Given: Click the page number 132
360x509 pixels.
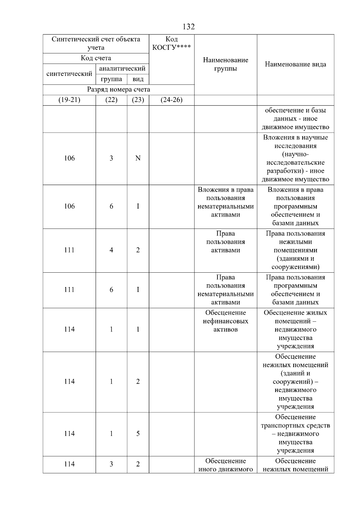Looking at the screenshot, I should pos(188,27).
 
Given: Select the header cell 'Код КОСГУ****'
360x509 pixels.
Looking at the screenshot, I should pos(171,43).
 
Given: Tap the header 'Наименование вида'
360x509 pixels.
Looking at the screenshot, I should pos(295,64).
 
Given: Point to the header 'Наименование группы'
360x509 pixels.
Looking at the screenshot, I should pos(226,64).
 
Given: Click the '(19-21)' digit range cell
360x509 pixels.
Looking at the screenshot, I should pos(69,100).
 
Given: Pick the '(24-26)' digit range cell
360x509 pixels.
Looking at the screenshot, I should pos(171,100).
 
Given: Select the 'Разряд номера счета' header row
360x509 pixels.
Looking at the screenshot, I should pos(118,89).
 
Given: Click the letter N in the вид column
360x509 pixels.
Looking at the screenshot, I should pos(138,158).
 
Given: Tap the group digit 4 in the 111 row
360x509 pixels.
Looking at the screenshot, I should pos(111,250).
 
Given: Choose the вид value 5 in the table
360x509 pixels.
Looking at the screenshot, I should pos(138,434).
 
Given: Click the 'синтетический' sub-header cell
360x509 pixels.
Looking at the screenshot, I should pos(69,74).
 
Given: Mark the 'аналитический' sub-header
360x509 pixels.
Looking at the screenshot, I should pos(122,69).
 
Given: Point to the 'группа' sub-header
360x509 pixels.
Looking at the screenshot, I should pos(111,79).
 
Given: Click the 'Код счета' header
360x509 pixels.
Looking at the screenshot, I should pos(96,58).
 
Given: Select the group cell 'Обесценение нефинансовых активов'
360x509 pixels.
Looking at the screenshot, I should pos(226,321).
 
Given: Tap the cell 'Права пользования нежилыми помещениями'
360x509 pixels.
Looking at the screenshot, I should pos(295,250).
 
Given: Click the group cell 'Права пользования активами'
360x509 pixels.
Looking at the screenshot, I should pos(226,242).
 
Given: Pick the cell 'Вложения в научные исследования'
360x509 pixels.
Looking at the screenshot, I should pos(295,158).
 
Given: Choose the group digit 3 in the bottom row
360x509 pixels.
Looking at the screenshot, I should pos(111,464).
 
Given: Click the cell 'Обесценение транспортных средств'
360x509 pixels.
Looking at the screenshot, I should pos(295,434).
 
